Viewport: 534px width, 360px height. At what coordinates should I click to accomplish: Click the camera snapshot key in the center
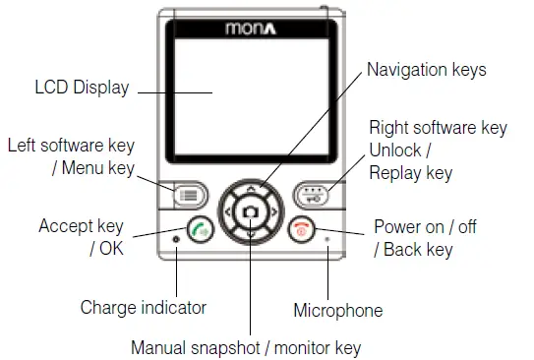coord(251,212)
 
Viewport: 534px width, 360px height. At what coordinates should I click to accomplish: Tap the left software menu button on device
coord(187,194)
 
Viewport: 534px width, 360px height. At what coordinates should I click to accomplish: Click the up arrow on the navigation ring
coord(251,187)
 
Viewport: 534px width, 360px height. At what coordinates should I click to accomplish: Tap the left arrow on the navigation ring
coord(227,212)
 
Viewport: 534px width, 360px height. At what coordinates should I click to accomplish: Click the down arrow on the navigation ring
coord(251,234)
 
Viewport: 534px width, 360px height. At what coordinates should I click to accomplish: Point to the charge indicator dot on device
coord(177,240)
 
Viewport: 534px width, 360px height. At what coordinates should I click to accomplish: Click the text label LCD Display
coord(81,89)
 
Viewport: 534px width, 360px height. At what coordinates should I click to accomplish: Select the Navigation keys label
coord(426,70)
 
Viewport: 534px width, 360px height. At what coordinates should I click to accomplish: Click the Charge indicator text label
coord(144,307)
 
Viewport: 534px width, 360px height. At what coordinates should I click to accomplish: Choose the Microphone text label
coord(337,311)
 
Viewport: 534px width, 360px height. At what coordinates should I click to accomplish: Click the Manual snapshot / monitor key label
coord(246,347)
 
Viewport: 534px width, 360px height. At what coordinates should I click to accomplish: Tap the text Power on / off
coord(425,227)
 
